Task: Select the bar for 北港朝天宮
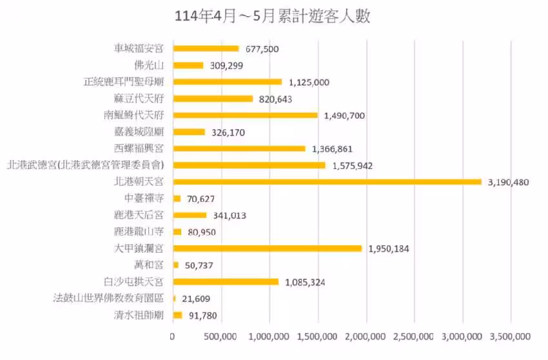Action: click(x=327, y=182)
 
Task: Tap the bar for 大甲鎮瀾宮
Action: click(x=267, y=248)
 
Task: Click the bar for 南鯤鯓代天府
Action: click(x=245, y=115)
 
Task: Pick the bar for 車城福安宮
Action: click(x=206, y=48)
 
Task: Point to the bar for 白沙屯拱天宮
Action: click(x=226, y=282)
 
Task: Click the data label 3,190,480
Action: click(x=507, y=182)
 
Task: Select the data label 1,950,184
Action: click(x=388, y=248)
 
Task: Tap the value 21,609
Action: click(x=195, y=299)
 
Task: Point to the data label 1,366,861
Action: click(x=331, y=148)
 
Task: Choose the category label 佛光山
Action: click(x=148, y=65)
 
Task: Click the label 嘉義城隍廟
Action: click(x=139, y=132)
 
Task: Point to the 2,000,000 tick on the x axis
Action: click(x=367, y=336)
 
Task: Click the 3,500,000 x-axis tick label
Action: click(x=511, y=336)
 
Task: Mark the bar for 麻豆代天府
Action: click(x=213, y=99)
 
